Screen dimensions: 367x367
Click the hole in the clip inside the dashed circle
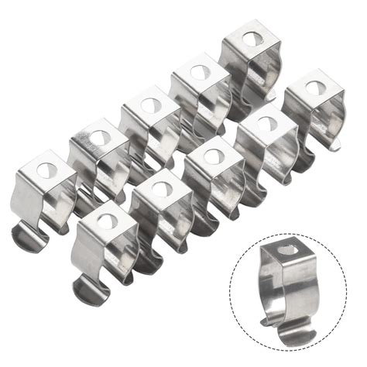[x=288, y=250]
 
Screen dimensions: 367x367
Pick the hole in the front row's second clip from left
[x=161, y=188]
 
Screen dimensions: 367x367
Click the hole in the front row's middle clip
[x=214, y=156]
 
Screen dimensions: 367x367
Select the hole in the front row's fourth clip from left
[x=266, y=122]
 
